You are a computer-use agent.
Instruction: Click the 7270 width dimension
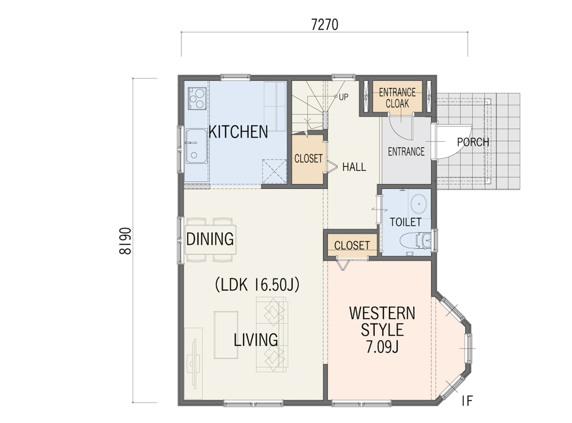pyautogui.click(x=325, y=25)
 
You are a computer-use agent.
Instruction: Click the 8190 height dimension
pyautogui.click(x=125, y=241)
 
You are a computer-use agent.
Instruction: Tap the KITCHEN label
pyautogui.click(x=238, y=132)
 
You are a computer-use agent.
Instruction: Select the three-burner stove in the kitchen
pyautogui.click(x=197, y=98)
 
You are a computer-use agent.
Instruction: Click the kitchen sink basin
pyautogui.click(x=196, y=146)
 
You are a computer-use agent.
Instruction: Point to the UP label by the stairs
pyautogui.click(x=344, y=97)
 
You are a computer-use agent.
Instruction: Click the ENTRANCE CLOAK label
pyautogui.click(x=397, y=98)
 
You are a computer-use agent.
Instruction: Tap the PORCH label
pyautogui.click(x=473, y=142)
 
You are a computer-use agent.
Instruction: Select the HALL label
pyautogui.click(x=354, y=167)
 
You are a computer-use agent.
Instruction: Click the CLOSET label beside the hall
pyautogui.click(x=308, y=159)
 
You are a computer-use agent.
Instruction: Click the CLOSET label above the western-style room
pyautogui.click(x=352, y=245)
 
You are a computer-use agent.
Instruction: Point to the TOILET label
pyautogui.click(x=405, y=222)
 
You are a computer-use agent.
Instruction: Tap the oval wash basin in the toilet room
pyautogui.click(x=419, y=204)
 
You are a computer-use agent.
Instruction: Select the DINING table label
pyautogui.click(x=210, y=239)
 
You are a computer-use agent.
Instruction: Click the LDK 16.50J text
pyautogui.click(x=257, y=284)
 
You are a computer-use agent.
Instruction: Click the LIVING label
pyautogui.click(x=256, y=340)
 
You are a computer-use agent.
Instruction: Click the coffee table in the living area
pyautogui.click(x=226, y=335)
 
